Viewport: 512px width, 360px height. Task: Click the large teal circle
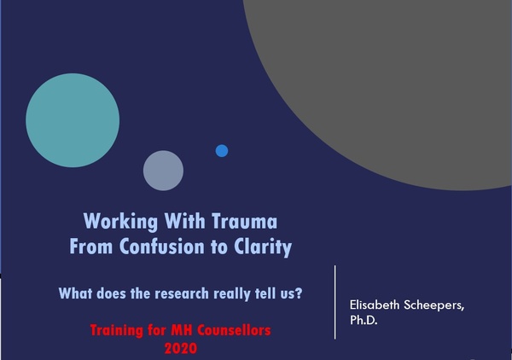click(x=73, y=120)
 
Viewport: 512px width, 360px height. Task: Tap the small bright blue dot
click(x=222, y=151)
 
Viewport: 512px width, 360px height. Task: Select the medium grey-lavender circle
click(x=163, y=171)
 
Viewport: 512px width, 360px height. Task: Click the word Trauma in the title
click(x=245, y=221)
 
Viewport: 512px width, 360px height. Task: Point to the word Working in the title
click(x=120, y=222)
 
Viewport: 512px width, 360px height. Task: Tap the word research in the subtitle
click(x=182, y=293)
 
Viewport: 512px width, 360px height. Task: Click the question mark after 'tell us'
click(x=299, y=293)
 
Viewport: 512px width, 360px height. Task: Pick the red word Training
click(x=117, y=331)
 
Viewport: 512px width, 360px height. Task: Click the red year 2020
click(x=181, y=348)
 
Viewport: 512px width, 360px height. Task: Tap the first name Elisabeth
click(x=375, y=305)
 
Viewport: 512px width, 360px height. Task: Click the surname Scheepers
click(x=434, y=305)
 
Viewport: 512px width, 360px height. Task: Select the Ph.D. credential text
click(x=364, y=320)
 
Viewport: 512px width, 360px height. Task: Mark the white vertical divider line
click(x=335, y=302)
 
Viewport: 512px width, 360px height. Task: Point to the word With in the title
click(x=185, y=221)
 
